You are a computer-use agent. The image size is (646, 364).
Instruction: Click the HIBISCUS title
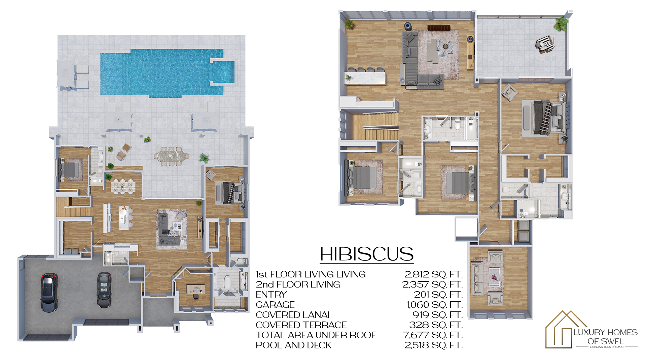click(367, 254)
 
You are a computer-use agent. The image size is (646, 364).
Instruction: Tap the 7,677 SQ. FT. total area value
click(433, 335)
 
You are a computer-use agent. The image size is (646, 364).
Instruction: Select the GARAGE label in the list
click(275, 305)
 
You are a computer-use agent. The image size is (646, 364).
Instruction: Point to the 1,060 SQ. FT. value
click(435, 305)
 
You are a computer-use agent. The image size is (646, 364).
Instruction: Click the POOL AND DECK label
click(293, 345)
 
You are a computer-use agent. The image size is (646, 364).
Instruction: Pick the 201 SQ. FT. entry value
click(438, 295)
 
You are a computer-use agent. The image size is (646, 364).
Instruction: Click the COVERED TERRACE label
click(301, 325)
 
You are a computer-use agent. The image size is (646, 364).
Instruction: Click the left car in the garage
click(49, 292)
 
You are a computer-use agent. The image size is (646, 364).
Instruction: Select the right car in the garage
click(104, 290)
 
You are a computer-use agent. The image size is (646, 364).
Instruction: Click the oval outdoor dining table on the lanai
click(171, 156)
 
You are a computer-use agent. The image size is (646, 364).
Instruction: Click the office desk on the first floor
click(195, 289)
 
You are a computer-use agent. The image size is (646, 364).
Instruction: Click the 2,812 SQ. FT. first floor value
click(434, 274)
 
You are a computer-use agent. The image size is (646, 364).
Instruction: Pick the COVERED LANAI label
click(293, 315)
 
